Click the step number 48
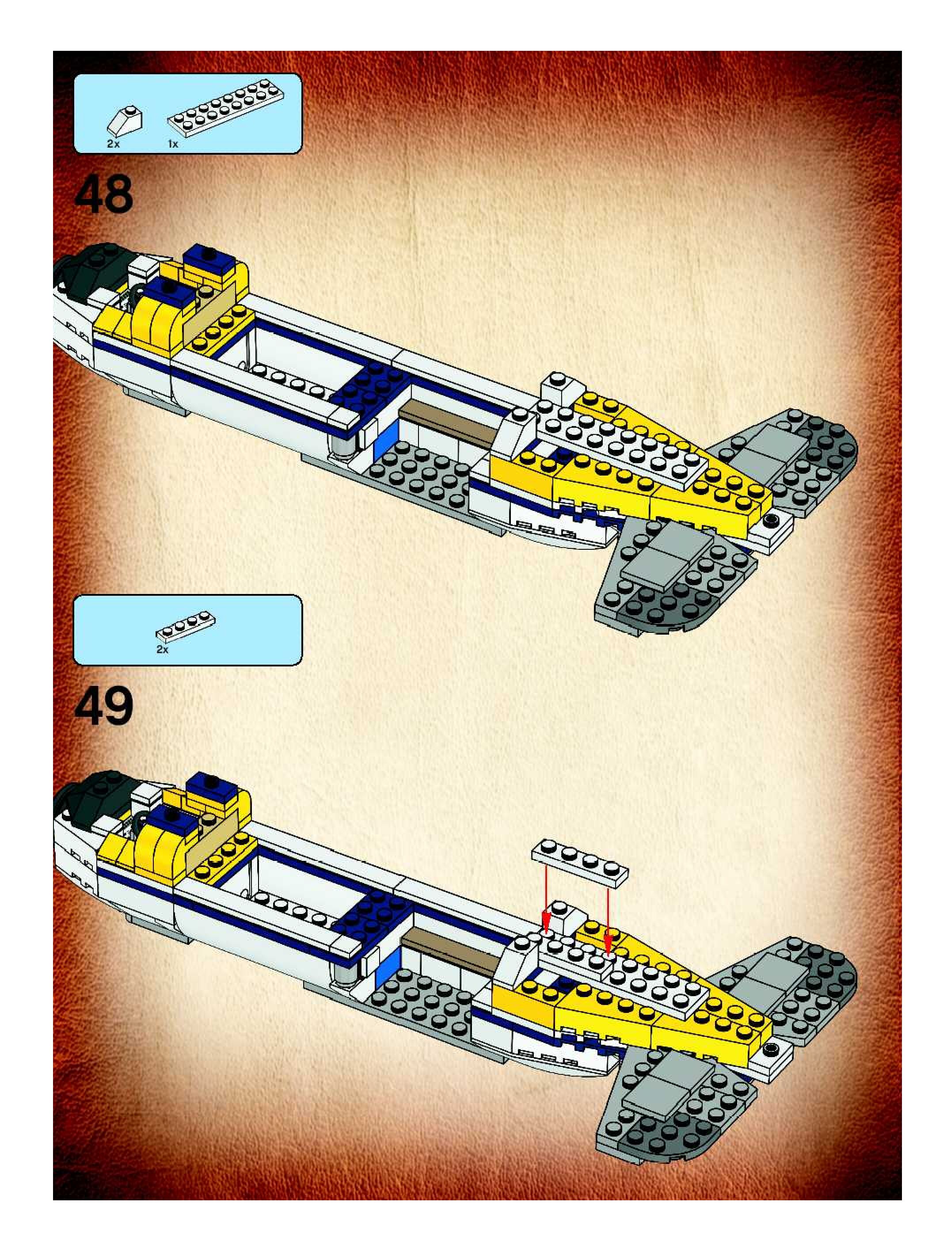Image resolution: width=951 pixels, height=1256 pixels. (104, 195)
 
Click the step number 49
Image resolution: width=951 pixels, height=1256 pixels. (104, 706)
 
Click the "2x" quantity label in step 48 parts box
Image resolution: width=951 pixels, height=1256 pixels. (114, 144)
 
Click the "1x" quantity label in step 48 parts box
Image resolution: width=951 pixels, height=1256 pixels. (173, 144)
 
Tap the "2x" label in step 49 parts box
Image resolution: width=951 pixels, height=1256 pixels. (162, 650)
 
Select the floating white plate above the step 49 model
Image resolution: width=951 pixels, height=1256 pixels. (580, 860)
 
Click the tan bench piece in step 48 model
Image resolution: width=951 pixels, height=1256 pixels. (447, 423)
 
